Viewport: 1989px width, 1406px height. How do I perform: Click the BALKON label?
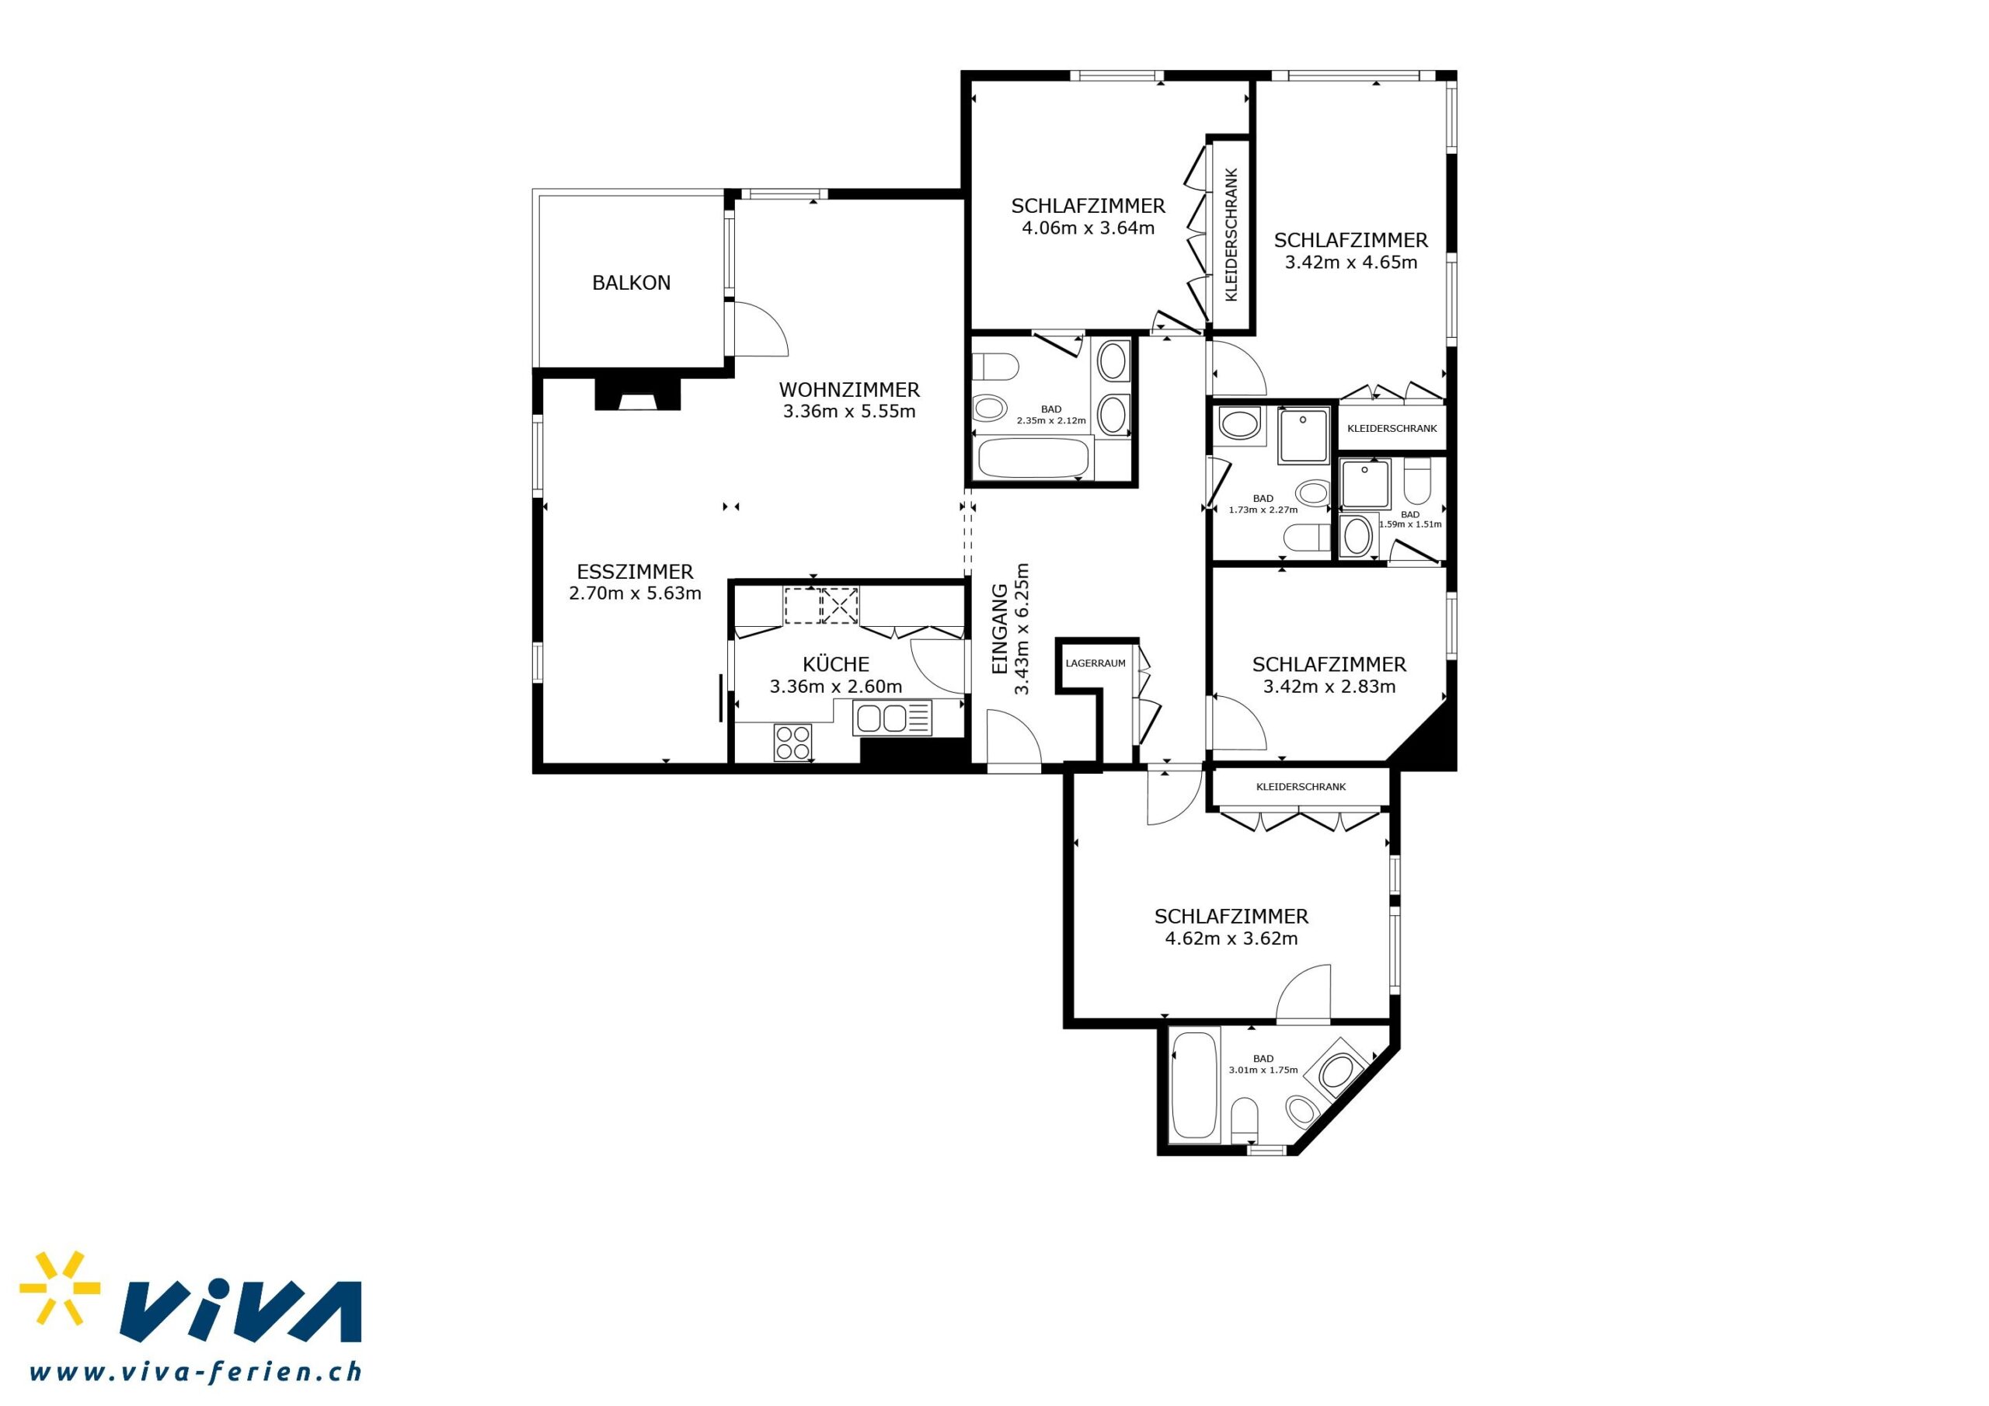coord(631,283)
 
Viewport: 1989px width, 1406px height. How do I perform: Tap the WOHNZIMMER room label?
coord(849,390)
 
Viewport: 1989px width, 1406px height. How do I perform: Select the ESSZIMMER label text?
coord(635,572)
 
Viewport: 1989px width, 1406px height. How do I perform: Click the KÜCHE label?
coord(836,663)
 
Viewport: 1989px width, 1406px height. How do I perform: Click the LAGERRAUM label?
coord(1096,663)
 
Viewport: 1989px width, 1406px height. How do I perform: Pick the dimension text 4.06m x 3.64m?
coord(1088,228)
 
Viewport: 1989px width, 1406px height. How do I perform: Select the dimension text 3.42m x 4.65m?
coord(1350,263)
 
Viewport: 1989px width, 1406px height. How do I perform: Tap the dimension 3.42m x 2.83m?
coord(1329,687)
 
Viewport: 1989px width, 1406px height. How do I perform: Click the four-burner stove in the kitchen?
coord(793,743)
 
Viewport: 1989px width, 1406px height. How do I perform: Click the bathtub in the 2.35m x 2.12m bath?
coord(1032,458)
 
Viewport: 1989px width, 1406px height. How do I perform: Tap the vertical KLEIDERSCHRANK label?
coord(1231,234)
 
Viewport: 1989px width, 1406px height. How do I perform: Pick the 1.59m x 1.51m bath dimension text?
coord(1409,524)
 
